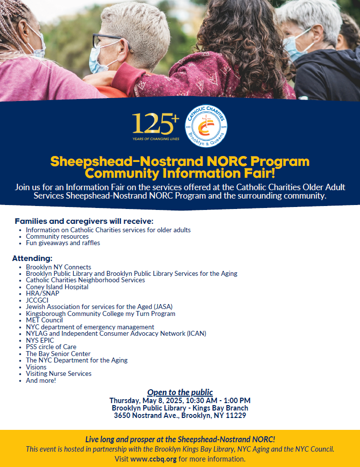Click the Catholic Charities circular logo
pyautogui.click(x=206, y=126)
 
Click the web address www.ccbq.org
pyautogui.click(x=154, y=459)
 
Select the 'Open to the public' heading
pyautogui.click(x=180, y=392)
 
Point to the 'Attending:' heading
pyautogui.click(x=32, y=258)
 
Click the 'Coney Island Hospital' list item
pyautogui.click(x=57, y=287)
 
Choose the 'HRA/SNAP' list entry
pyautogui.click(x=43, y=293)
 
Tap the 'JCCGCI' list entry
pyautogui.click(x=38, y=300)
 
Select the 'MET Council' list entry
pyautogui.click(x=44, y=320)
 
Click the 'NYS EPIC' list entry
pyautogui.click(x=40, y=340)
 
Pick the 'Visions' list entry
pyautogui.click(x=36, y=367)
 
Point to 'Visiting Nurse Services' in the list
pyautogui.click(x=58, y=373)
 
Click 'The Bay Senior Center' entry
pyautogui.click(x=58, y=354)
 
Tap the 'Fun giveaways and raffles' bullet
pyautogui.click(x=63, y=243)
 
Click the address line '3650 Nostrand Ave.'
pyautogui.click(x=180, y=415)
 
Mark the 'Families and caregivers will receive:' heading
pyautogui.click(x=84, y=221)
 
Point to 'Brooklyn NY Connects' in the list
pyautogui.click(x=58, y=267)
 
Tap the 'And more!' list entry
pyautogui.click(x=41, y=380)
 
